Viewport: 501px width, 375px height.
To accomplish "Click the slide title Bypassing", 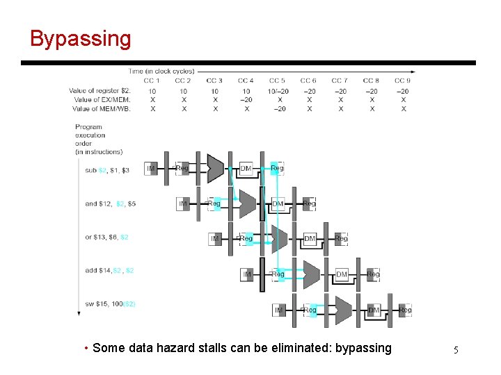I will point(80,39).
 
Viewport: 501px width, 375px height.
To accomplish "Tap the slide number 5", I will point(456,350).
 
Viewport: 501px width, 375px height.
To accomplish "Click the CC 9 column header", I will point(402,81).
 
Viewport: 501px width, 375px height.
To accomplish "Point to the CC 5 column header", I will point(277,81).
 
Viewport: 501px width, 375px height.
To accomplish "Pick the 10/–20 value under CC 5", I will point(277,91).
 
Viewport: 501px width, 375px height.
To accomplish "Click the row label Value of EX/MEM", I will point(102,100).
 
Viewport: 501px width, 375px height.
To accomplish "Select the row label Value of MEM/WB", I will point(102,108).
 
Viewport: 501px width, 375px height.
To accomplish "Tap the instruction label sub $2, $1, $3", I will point(106,170).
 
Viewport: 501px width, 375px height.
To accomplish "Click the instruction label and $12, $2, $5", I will point(110,204).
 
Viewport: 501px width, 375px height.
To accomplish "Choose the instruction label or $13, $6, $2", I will point(106,237).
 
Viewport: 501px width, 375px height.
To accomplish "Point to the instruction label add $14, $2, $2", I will point(109,271).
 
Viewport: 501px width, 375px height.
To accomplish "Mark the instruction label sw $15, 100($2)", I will point(110,304).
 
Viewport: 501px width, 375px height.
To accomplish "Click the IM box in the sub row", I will point(151,169).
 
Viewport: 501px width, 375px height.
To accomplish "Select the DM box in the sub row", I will point(246,169).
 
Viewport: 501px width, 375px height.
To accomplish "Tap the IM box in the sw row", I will point(278,310).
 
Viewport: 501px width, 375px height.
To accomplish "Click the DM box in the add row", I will point(341,275).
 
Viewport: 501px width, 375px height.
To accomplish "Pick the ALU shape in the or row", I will point(279,239).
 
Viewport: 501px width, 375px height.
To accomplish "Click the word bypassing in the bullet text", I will point(363,348).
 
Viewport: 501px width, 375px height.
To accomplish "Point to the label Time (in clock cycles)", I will point(161,71).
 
